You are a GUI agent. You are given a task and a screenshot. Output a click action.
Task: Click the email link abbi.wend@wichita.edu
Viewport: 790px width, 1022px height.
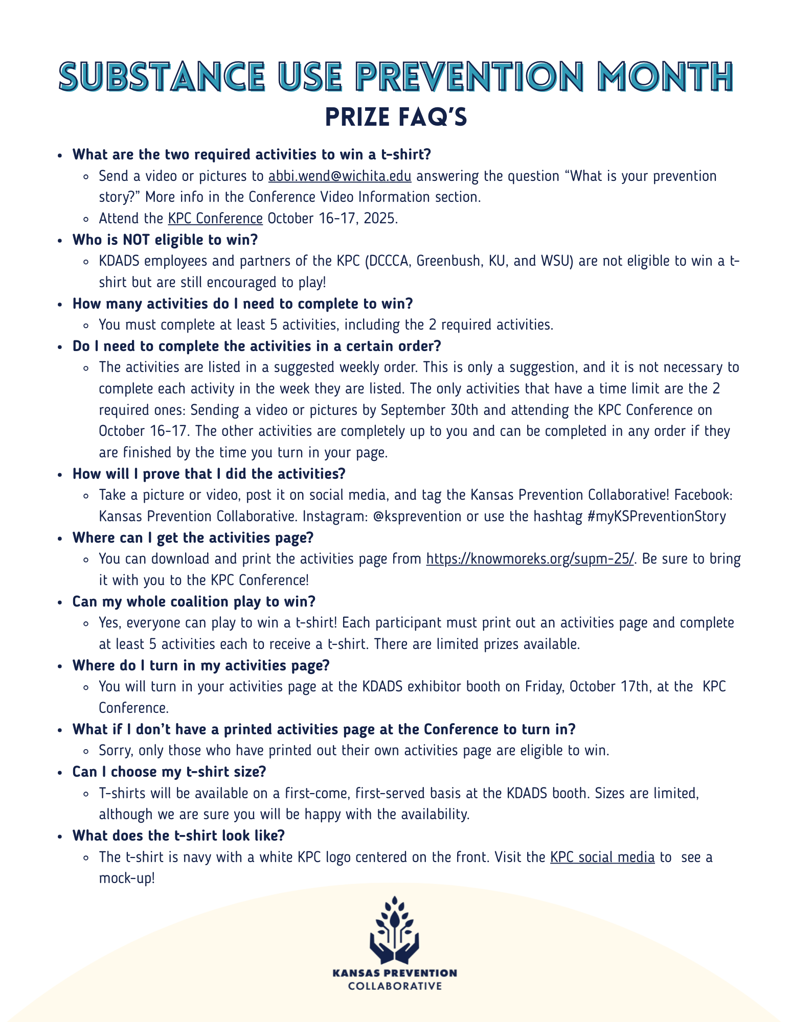pos(340,176)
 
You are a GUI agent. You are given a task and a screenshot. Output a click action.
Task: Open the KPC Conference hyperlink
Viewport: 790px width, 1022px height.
pos(215,219)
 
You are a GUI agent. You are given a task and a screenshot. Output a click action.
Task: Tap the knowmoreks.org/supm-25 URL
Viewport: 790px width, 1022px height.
pos(530,559)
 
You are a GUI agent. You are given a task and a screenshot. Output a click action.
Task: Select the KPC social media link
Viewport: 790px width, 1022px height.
pos(602,857)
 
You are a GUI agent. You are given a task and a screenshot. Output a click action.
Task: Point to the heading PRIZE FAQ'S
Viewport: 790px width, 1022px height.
pos(396,117)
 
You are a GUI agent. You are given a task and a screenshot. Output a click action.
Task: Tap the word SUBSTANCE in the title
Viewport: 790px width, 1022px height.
pos(162,78)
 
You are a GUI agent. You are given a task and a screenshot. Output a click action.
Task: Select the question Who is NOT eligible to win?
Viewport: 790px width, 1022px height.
pos(165,240)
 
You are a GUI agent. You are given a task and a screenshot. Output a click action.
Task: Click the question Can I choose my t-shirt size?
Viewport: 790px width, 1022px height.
pos(169,772)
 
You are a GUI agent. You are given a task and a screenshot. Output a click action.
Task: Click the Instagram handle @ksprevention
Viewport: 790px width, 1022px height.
pos(417,517)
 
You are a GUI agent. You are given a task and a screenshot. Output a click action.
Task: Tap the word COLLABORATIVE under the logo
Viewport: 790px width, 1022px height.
pos(395,986)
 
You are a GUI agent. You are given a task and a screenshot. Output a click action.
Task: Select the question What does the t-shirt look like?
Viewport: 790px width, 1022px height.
pos(178,835)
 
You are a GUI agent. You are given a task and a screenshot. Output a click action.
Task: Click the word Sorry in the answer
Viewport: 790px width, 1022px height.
pos(115,751)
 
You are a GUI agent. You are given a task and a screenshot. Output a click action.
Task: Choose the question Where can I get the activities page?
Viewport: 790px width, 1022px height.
pos(193,538)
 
